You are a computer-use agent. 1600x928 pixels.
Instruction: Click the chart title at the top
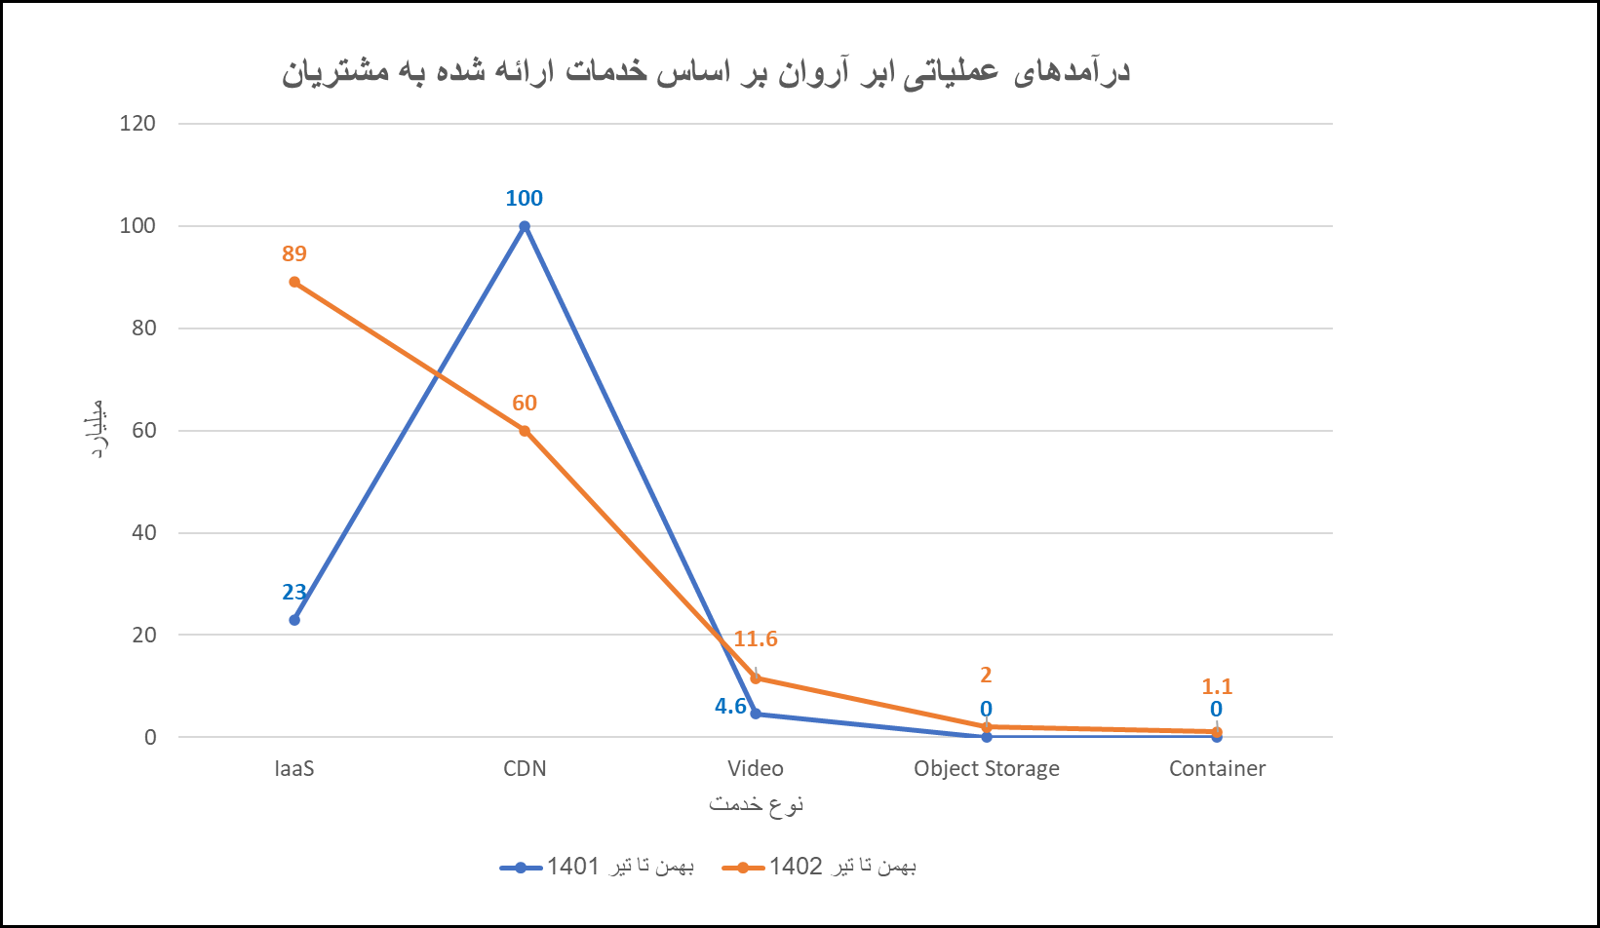point(705,73)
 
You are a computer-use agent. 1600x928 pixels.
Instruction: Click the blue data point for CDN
point(524,226)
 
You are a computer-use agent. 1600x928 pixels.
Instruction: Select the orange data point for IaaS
point(294,282)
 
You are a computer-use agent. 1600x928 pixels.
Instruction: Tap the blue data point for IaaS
point(294,620)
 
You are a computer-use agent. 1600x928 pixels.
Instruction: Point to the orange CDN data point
point(524,431)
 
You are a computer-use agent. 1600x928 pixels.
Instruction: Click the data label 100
point(524,199)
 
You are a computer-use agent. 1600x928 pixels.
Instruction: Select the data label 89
point(294,254)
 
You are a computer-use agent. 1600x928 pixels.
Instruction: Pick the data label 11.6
point(756,639)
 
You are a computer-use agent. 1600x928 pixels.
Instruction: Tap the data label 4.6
point(730,707)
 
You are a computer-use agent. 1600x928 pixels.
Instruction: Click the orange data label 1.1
point(1217,687)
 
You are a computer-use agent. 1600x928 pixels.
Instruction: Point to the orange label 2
point(986,675)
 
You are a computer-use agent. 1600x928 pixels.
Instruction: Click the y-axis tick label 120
point(137,124)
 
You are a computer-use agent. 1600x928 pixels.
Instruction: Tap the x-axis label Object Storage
point(986,769)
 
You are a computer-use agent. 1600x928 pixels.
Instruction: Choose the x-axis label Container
point(1217,769)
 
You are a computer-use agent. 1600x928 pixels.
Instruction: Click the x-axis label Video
point(756,769)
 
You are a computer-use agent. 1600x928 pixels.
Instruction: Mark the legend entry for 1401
point(597,867)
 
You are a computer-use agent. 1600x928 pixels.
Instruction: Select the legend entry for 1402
point(820,867)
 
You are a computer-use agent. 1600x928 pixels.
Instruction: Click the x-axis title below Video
point(756,805)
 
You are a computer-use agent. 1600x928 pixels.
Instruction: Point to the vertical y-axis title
point(97,430)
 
